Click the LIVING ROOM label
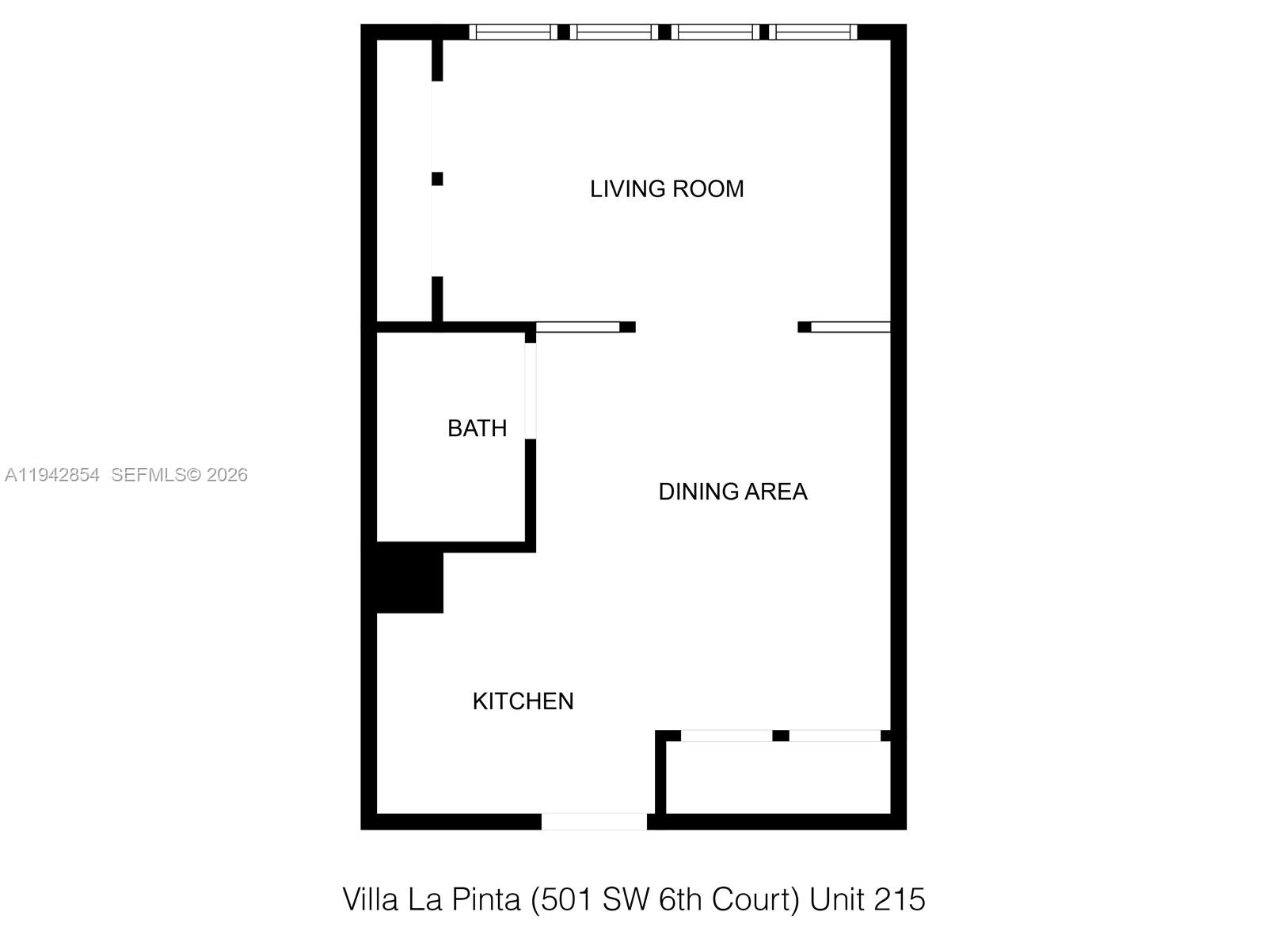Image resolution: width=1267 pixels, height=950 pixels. [x=667, y=189]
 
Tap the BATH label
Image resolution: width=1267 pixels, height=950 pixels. [x=477, y=428]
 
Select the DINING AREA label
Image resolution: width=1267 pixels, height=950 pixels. [x=732, y=492]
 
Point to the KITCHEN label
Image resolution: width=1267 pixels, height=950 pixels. [x=523, y=701]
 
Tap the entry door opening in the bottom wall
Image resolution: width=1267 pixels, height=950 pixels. [x=594, y=822]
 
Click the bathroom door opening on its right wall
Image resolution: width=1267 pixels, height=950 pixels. [x=531, y=391]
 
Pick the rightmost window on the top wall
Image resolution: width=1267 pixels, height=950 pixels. [x=814, y=32]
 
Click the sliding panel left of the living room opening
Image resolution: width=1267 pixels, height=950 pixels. [x=577, y=327]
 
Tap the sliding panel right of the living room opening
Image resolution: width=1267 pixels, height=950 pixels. [x=850, y=327]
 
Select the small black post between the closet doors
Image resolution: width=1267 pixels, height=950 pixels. [x=781, y=735]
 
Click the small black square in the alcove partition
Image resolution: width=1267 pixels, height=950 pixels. [x=437, y=179]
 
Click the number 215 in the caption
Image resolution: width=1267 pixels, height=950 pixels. [x=900, y=900]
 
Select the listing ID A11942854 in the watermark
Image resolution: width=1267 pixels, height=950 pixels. [x=52, y=475]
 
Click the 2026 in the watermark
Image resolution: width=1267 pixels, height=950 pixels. [x=227, y=475]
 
